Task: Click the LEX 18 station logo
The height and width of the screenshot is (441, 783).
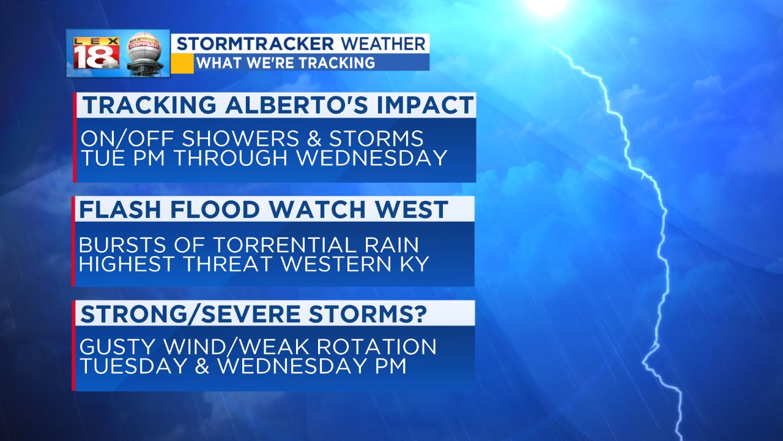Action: click(96, 53)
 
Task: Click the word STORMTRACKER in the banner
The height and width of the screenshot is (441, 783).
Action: click(256, 44)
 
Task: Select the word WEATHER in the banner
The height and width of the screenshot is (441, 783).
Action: click(383, 44)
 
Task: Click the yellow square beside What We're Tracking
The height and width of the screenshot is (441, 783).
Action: click(182, 63)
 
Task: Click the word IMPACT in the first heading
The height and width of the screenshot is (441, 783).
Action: click(425, 105)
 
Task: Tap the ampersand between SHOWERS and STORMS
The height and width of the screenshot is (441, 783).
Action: click(314, 138)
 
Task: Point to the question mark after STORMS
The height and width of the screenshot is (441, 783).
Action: click(420, 314)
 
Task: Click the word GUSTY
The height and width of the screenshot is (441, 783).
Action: click(117, 347)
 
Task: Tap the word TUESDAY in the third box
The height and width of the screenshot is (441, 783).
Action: click(133, 366)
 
